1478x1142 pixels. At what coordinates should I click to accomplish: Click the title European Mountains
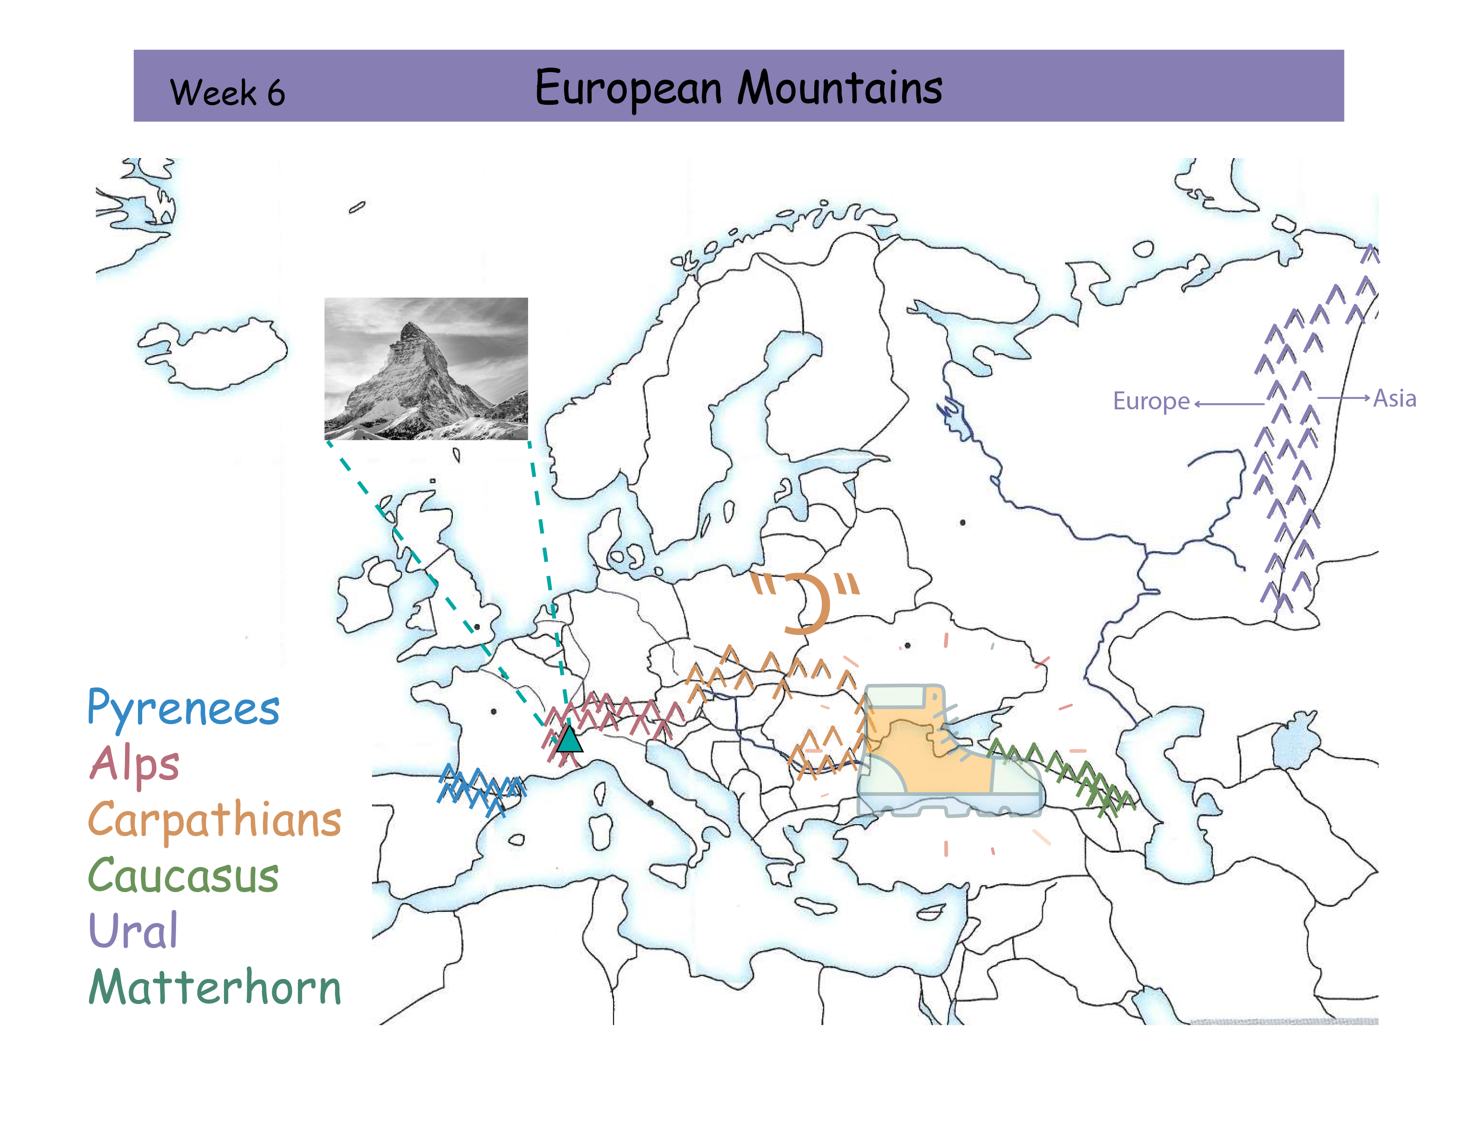pos(738,88)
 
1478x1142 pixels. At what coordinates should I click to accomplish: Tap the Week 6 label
pos(228,93)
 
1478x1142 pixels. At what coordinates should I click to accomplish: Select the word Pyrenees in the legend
pos(183,709)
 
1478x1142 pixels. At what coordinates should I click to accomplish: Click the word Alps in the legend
pos(135,764)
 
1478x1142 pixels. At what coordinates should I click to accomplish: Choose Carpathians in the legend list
pos(215,820)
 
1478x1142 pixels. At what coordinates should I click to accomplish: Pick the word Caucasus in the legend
pos(183,876)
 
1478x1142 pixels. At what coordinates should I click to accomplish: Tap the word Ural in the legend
pos(133,931)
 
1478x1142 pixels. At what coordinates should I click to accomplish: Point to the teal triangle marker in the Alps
pos(569,739)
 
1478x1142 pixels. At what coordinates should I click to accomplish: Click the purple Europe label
pos(1151,401)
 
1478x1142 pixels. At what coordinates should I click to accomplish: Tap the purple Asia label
pos(1394,399)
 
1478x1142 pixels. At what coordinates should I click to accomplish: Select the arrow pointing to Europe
pos(1228,404)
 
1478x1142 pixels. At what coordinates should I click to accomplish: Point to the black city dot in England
pos(477,627)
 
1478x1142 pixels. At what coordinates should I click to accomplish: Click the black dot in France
pos(494,711)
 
